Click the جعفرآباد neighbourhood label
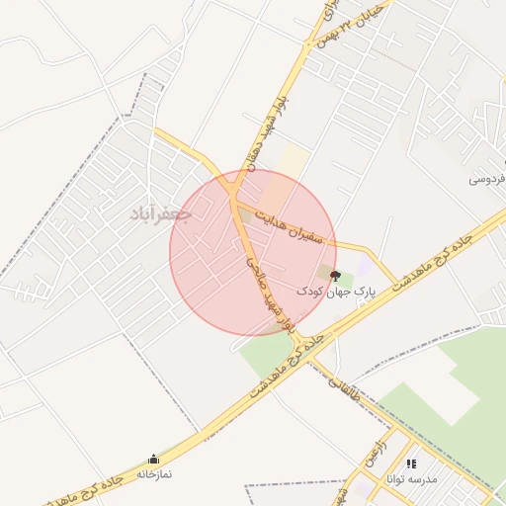click(158, 212)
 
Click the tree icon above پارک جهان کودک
click(335, 276)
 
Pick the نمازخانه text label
click(153, 474)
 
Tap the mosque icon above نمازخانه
click(153, 460)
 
